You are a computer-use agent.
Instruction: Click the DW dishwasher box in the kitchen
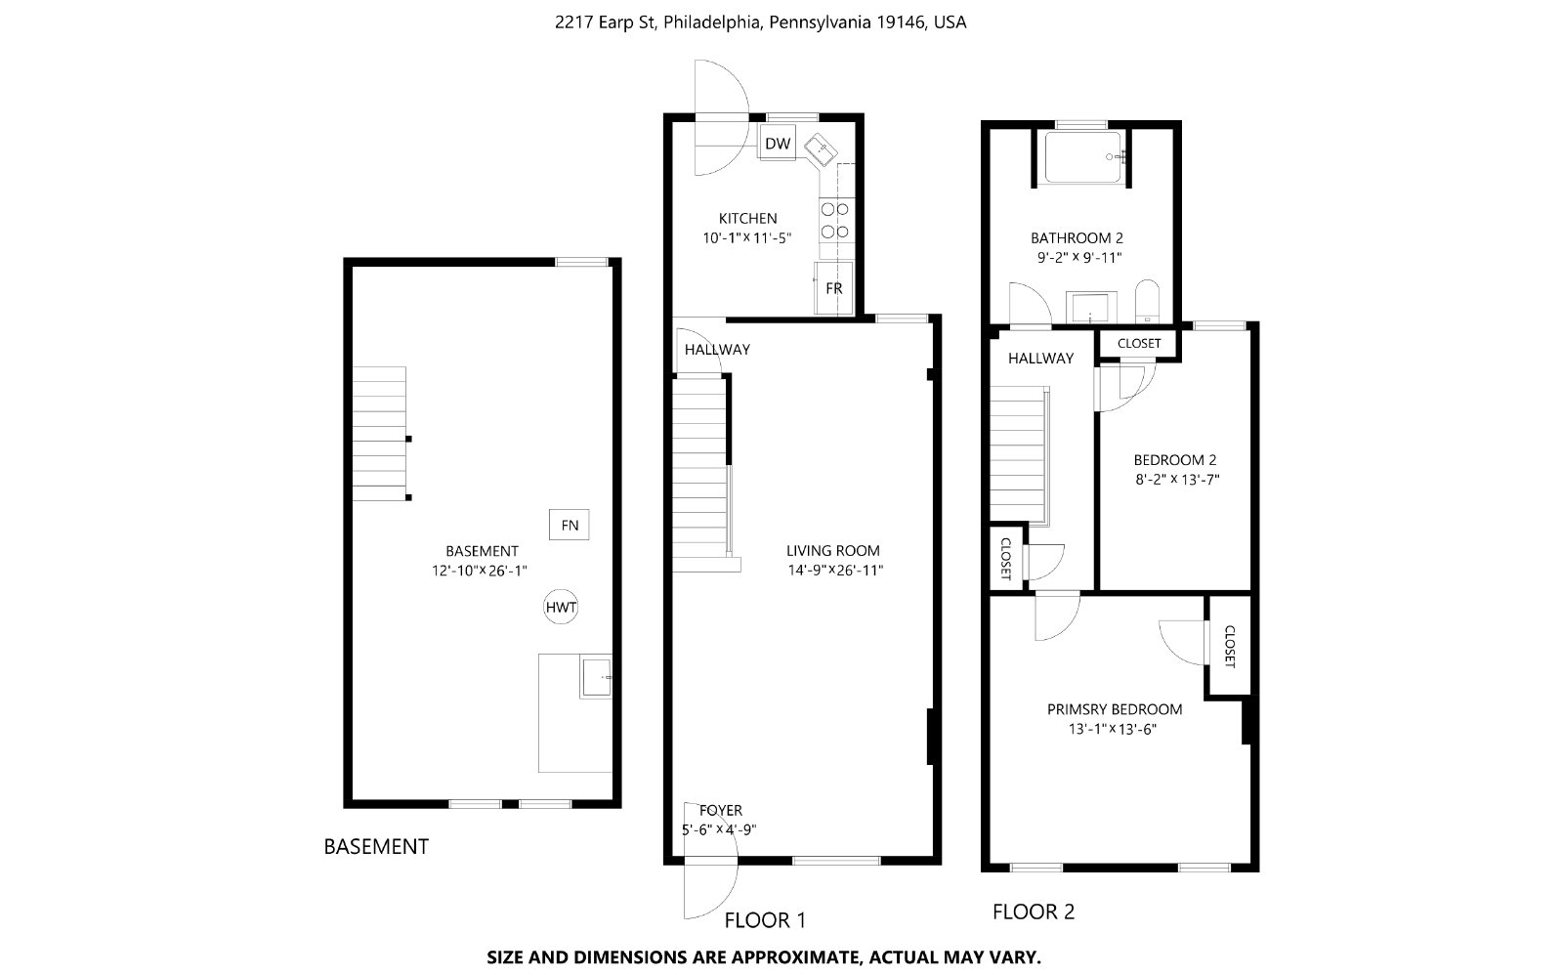(x=778, y=143)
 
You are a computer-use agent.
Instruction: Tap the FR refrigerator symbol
(x=833, y=287)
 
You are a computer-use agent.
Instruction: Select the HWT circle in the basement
(x=561, y=607)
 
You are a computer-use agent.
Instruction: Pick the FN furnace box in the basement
(x=569, y=525)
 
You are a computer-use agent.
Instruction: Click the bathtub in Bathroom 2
(x=1083, y=157)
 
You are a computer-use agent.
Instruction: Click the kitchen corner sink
(x=821, y=150)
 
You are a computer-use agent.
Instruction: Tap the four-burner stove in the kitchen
(x=835, y=220)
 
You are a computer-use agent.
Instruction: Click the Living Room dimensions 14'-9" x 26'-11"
(x=835, y=570)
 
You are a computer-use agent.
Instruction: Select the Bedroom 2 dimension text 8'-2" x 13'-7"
(x=1177, y=480)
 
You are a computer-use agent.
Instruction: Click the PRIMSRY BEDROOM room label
(x=1115, y=709)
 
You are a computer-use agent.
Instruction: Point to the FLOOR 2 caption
(x=1034, y=912)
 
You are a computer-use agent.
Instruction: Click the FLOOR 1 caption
(x=765, y=920)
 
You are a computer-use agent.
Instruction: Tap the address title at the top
(x=761, y=22)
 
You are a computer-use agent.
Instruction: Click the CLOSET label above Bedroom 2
(x=1139, y=343)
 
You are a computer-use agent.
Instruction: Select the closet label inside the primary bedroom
(x=1230, y=647)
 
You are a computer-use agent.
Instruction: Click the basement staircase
(x=380, y=434)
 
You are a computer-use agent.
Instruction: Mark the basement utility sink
(x=596, y=677)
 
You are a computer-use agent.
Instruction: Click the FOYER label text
(x=721, y=810)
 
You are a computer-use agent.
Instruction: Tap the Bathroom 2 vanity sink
(x=1090, y=308)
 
